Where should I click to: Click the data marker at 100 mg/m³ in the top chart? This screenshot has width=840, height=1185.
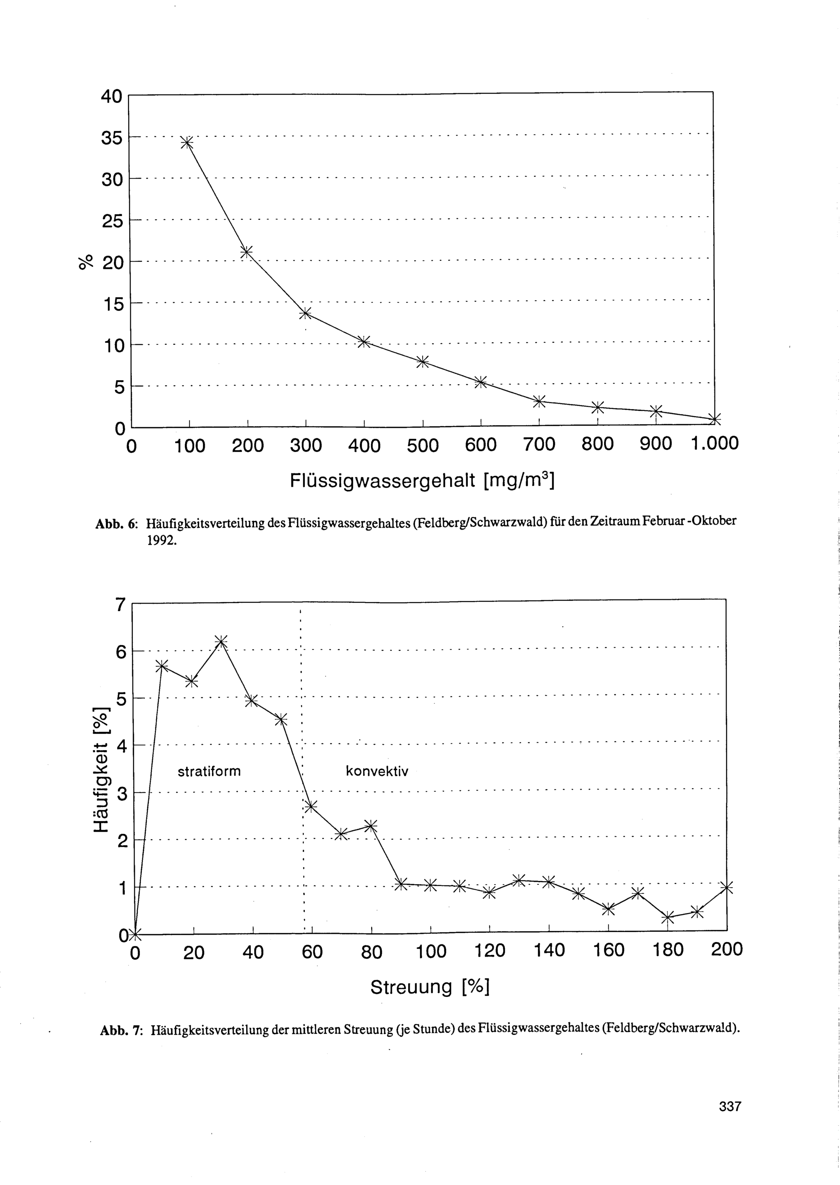(187, 142)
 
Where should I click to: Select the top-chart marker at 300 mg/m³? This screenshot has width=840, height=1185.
(305, 313)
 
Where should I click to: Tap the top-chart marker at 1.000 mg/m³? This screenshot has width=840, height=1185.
(714, 419)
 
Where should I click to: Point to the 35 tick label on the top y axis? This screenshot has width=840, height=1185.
(112, 138)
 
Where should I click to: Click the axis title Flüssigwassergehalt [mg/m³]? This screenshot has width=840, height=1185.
(422, 481)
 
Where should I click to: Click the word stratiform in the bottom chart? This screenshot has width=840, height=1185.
(209, 771)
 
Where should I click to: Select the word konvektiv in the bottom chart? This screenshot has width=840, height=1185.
(377, 771)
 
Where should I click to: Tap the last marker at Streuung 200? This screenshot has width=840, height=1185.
(727, 888)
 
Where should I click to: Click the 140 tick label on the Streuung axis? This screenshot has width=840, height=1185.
(549, 950)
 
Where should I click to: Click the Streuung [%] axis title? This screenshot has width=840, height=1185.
(430, 988)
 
